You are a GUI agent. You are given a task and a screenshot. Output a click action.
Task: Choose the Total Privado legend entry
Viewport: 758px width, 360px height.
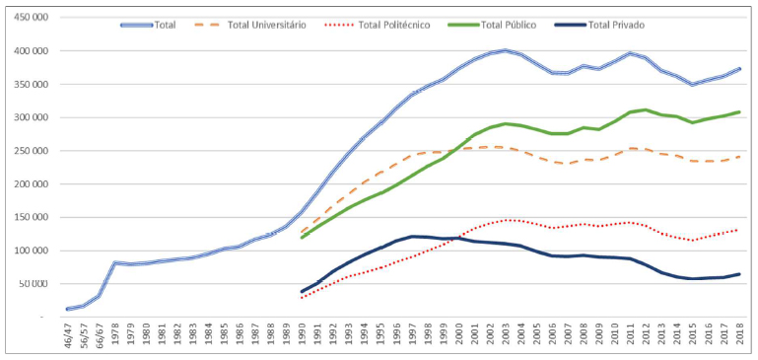615,25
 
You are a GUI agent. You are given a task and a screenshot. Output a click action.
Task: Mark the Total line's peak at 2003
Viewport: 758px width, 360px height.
505,50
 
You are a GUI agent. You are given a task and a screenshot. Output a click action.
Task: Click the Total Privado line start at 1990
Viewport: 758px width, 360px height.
302,292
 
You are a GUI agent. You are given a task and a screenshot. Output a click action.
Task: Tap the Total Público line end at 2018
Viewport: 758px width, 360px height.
738,111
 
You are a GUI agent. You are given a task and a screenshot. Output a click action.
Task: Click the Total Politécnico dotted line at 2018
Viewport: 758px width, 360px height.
738,230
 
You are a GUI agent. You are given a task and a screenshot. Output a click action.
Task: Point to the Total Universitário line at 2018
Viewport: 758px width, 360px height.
738,156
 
